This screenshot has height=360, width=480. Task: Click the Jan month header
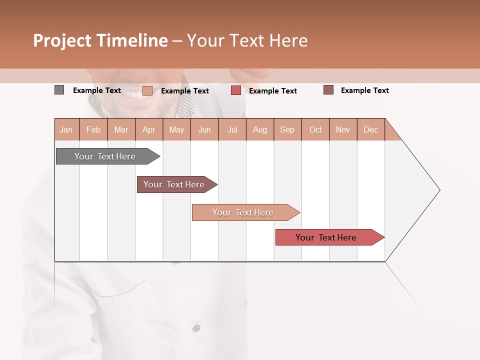pyautogui.click(x=66, y=130)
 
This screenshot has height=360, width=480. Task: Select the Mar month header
pyautogui.click(x=121, y=130)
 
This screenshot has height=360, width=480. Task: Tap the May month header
pyautogui.click(x=176, y=130)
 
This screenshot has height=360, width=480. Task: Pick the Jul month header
pyautogui.click(x=232, y=130)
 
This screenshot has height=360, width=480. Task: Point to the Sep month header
pyautogui.click(x=287, y=130)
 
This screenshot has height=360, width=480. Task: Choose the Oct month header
pyautogui.click(x=315, y=130)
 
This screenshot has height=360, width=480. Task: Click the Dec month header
pyautogui.click(x=370, y=130)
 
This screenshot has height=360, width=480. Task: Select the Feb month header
pyautogui.click(x=93, y=130)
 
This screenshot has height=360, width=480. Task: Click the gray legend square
pyautogui.click(x=59, y=90)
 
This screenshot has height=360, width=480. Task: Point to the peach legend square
pyautogui.click(x=147, y=90)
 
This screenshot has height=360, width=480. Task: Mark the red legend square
pyautogui.click(x=236, y=90)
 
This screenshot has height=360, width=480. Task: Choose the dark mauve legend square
pyautogui.click(x=328, y=90)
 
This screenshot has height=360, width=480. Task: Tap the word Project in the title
pyautogui.click(x=62, y=40)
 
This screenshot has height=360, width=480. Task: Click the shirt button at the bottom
pyautogui.click(x=196, y=327)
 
